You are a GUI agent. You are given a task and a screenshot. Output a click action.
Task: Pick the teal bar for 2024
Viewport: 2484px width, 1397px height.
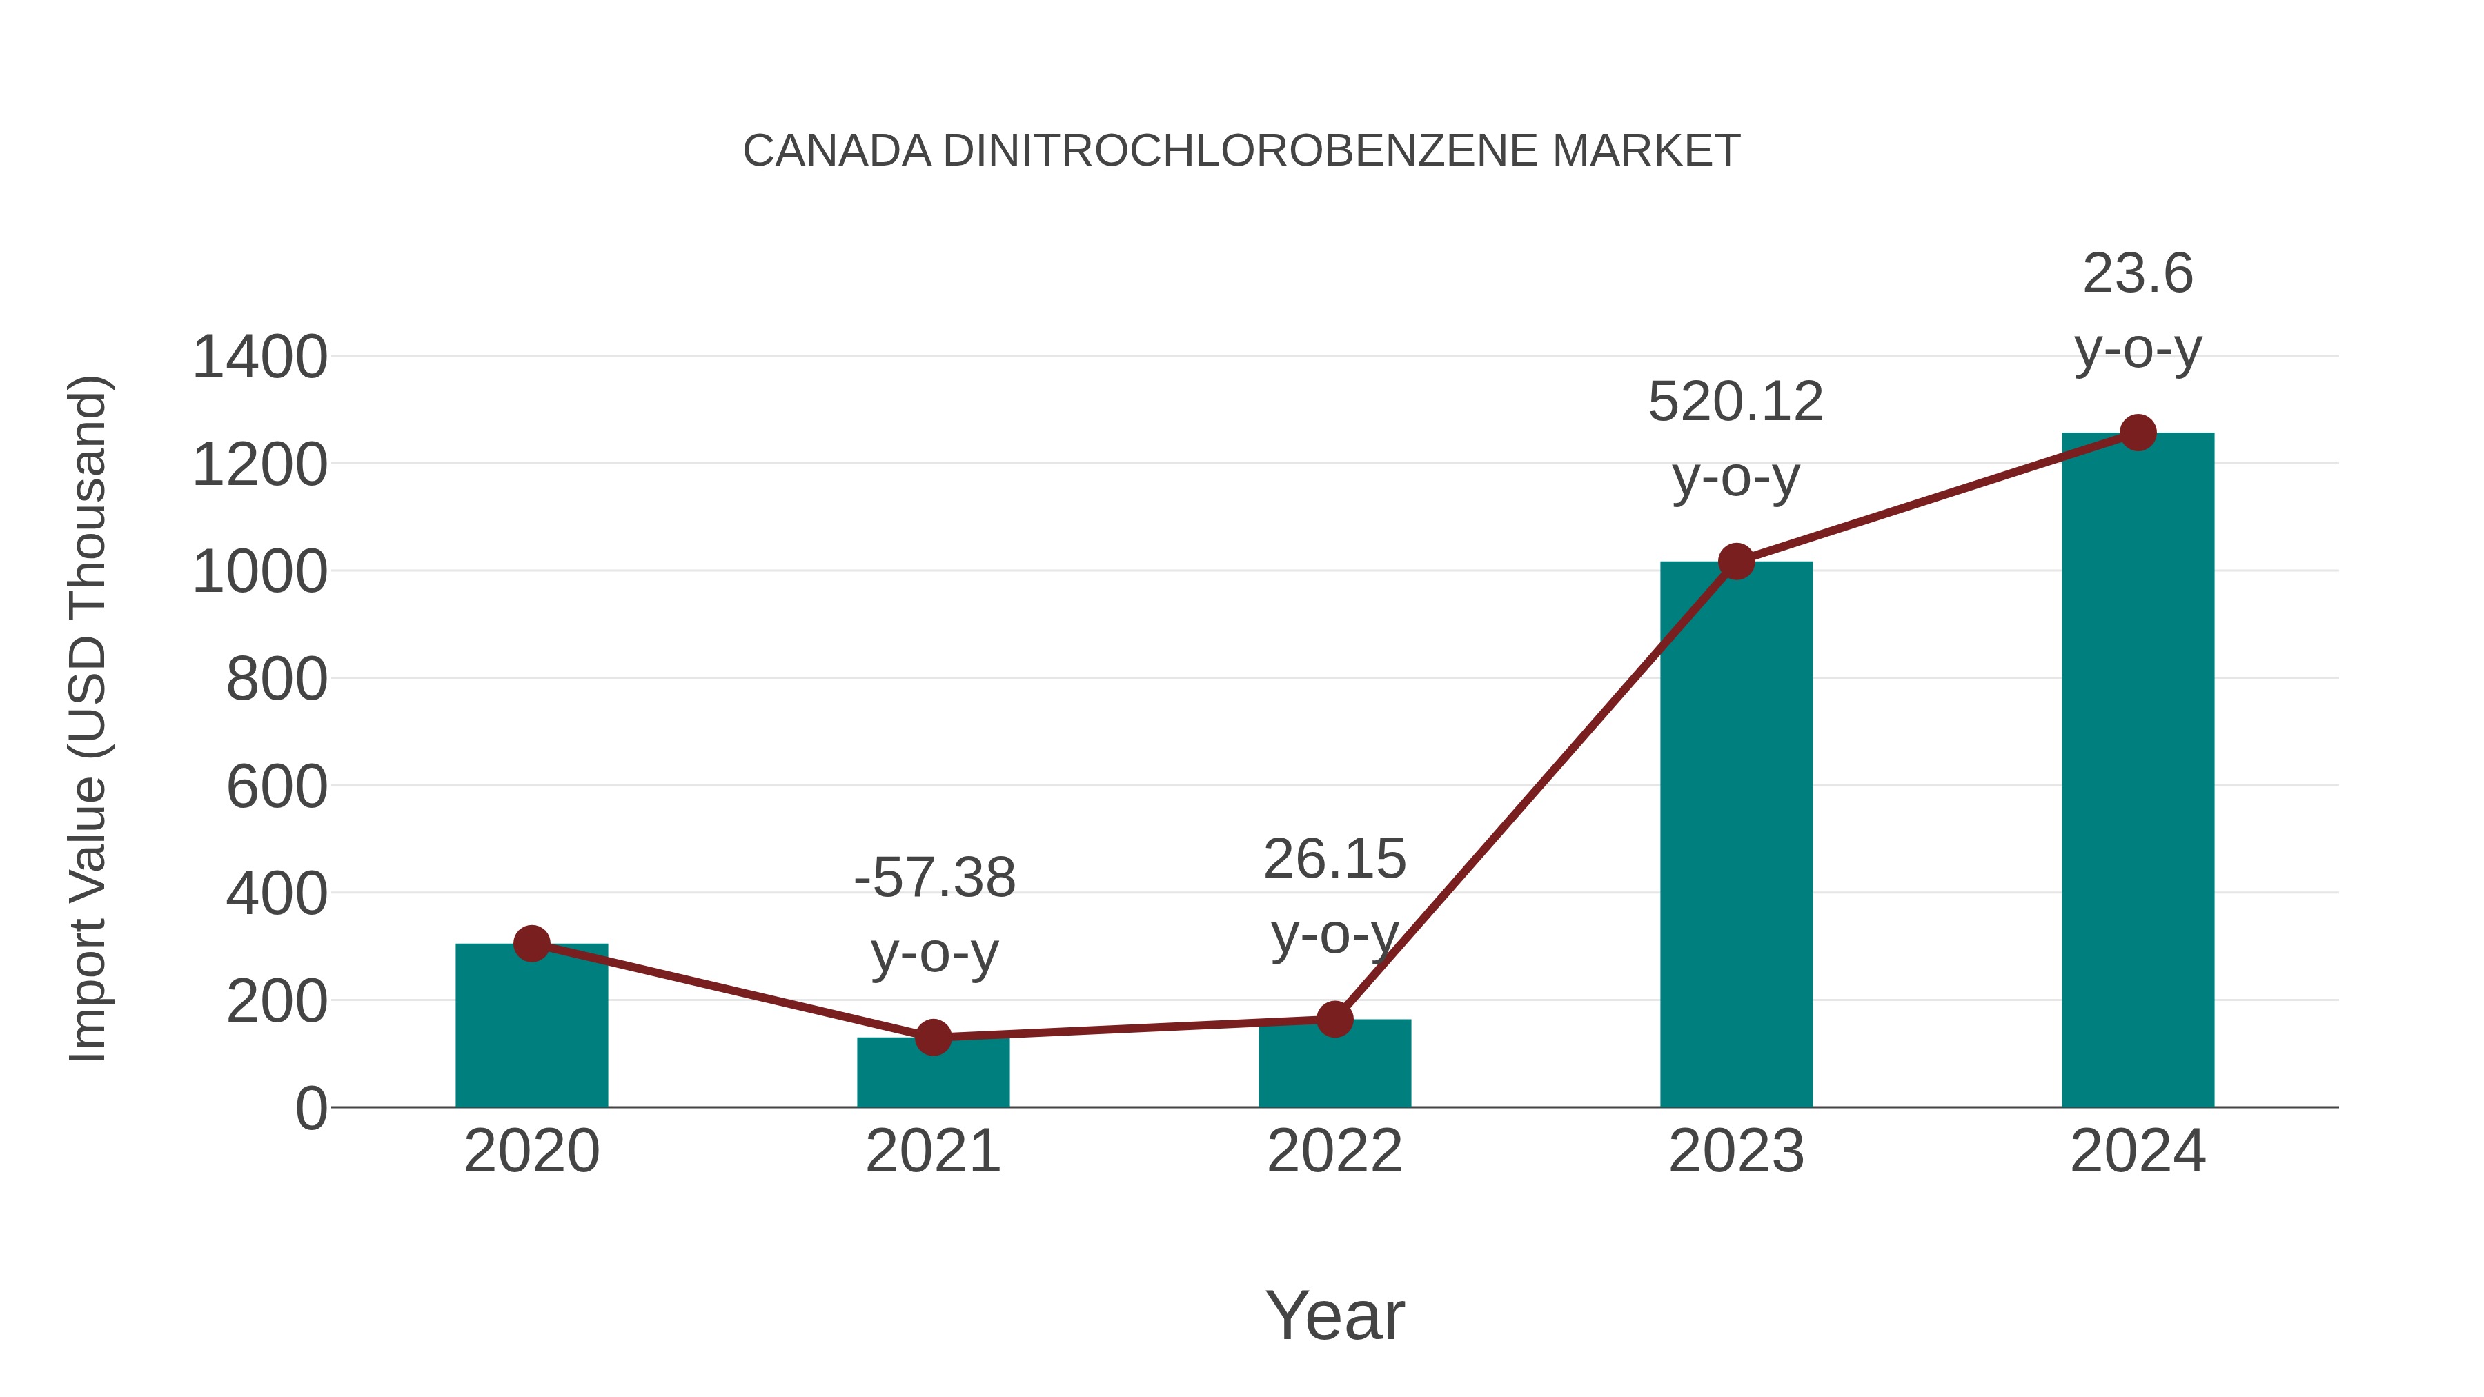pyautogui.click(x=2137, y=771)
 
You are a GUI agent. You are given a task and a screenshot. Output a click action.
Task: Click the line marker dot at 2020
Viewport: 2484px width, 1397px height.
pyautogui.click(x=531, y=944)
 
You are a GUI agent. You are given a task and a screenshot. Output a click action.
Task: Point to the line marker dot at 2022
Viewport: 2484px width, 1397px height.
pyautogui.click(x=1334, y=1019)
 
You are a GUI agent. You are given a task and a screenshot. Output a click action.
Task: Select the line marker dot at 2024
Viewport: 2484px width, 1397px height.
pyautogui.click(x=2138, y=433)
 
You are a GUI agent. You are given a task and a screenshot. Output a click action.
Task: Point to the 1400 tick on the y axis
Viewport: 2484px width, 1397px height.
pyautogui.click(x=259, y=357)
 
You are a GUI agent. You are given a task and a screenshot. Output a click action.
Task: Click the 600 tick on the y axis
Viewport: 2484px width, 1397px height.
pyautogui.click(x=277, y=786)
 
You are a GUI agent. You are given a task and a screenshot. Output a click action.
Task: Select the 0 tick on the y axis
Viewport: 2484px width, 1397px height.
pyautogui.click(x=310, y=1109)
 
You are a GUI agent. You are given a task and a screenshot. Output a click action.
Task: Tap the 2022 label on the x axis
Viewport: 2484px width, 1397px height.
pyautogui.click(x=1334, y=1151)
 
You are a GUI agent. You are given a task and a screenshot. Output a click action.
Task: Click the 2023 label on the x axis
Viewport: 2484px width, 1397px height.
pyautogui.click(x=1736, y=1151)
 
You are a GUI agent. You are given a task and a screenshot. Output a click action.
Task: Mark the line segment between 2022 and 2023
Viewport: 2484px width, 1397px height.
pyautogui.click(x=1535, y=791)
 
